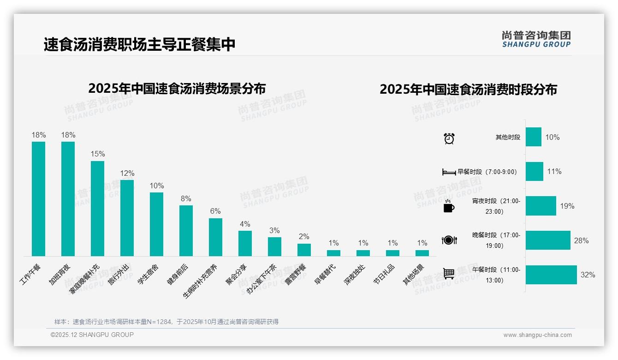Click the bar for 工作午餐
pos(38,198)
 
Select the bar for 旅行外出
pos(127,218)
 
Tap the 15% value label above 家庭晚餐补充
pos(98,154)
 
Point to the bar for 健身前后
pos(186,230)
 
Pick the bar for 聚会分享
pos(245,243)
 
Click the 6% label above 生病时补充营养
pos(215,211)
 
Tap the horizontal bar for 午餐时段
pos(551,275)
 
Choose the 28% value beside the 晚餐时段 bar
pos(581,240)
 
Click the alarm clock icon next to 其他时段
pos(449,138)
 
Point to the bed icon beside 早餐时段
pos(449,172)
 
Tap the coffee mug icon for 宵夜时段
pos(449,206)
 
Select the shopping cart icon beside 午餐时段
pos(449,274)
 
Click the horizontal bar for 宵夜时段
pos(541,206)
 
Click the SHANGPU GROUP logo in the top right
pos(536,39)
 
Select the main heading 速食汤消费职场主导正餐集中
pos(139,44)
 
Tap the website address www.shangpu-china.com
pos(537,335)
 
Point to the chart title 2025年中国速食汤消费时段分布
pos(468,89)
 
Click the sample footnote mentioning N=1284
pos(166,322)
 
